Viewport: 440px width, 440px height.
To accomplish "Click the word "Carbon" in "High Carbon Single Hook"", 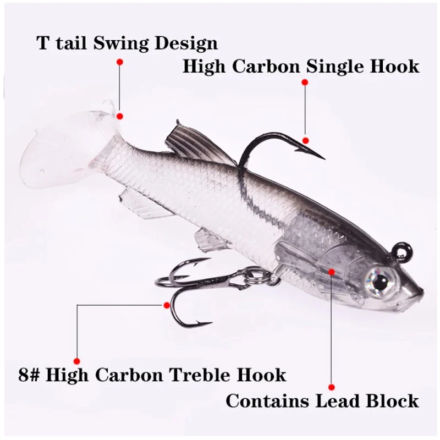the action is (x=266, y=67).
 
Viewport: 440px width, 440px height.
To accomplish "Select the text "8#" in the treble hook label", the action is (x=29, y=375).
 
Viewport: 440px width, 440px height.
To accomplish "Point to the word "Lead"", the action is (x=337, y=401).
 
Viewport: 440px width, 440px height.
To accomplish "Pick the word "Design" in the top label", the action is (x=186, y=44).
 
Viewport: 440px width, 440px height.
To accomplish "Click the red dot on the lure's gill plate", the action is (x=332, y=272).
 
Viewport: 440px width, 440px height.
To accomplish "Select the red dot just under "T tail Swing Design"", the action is (x=120, y=62).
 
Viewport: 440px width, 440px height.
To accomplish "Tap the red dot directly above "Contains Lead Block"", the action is (x=332, y=387).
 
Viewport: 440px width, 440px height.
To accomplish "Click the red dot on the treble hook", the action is (x=167, y=305).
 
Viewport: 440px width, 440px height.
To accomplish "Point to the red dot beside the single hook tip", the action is (x=306, y=140).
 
